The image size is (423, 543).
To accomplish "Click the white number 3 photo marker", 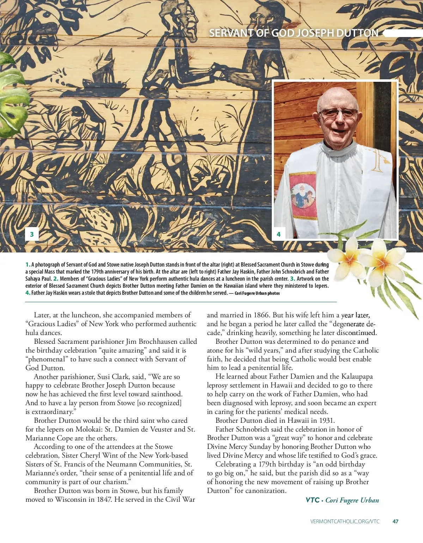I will coord(32,234).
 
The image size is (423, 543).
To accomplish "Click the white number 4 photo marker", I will coord(278,234).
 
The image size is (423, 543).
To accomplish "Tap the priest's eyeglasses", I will coord(338,113).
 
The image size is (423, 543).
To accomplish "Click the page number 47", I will coord(395,521).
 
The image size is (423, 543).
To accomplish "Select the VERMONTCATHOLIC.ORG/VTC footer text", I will coord(345,521).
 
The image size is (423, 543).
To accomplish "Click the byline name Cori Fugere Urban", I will coord(352,500).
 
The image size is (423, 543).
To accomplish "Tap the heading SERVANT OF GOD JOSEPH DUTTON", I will coord(294,33).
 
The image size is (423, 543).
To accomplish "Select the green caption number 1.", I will coord(27,264).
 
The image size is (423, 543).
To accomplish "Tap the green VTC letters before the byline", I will coord(312,500).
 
